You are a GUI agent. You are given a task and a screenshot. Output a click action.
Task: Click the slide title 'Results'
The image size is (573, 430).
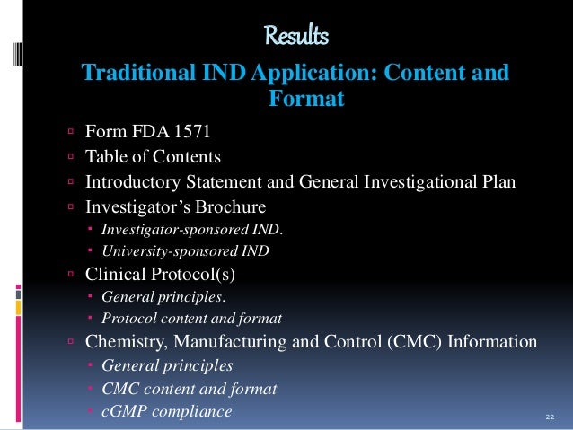pyautogui.click(x=296, y=37)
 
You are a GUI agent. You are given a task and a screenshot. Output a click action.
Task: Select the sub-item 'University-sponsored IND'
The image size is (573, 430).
pyautogui.click(x=185, y=250)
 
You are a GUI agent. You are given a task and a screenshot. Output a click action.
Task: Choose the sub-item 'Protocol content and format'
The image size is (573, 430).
pyautogui.click(x=191, y=318)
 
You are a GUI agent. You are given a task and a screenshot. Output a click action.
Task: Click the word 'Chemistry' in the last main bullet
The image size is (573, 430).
pyautogui.click(x=124, y=342)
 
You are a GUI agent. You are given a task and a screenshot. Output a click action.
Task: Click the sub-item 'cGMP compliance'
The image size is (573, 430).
pyautogui.click(x=166, y=411)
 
